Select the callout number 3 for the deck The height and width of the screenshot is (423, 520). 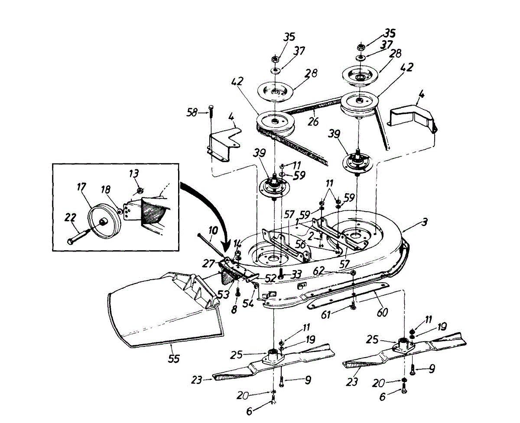click(x=425, y=222)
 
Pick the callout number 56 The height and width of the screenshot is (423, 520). click(x=300, y=244)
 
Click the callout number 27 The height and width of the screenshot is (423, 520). click(x=208, y=263)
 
